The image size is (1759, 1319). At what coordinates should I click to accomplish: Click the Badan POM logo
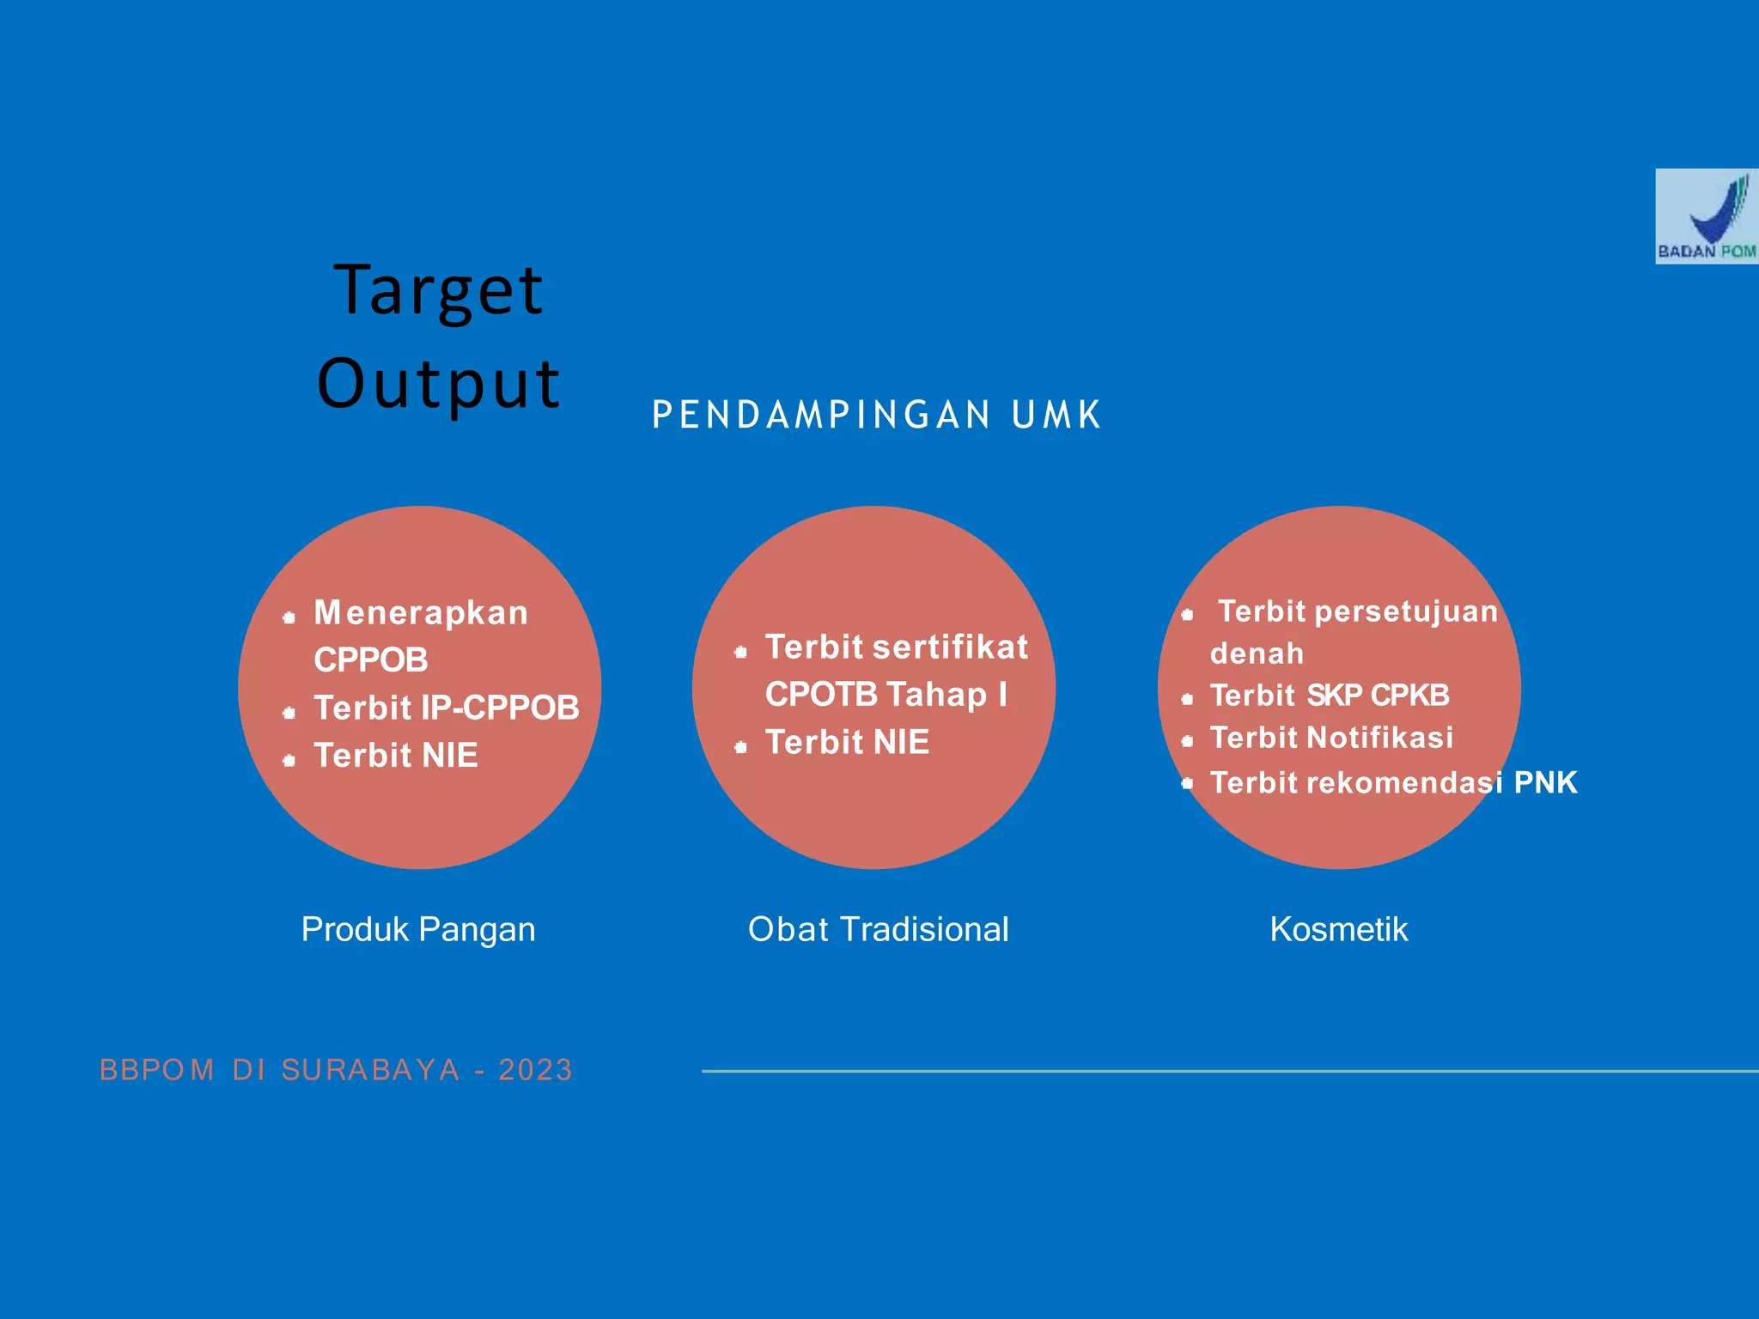click(1706, 216)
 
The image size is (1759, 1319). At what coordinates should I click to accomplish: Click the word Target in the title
click(438, 290)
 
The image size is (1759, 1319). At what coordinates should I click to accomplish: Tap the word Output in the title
click(438, 383)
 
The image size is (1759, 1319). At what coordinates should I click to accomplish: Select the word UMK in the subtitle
click(1056, 415)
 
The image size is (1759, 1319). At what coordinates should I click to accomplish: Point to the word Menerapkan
click(421, 613)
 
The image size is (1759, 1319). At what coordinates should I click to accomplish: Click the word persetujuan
click(1406, 611)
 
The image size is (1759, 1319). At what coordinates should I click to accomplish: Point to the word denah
click(1257, 653)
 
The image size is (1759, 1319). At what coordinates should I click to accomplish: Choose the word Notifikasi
click(1380, 738)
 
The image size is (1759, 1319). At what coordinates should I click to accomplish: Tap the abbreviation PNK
click(1545, 782)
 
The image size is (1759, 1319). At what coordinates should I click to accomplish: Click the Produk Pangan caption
click(418, 929)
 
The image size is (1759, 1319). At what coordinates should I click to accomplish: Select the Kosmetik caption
click(1339, 929)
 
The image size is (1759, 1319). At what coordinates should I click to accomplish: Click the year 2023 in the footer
click(535, 1070)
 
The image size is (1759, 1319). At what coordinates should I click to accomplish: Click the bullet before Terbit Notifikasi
click(1187, 741)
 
